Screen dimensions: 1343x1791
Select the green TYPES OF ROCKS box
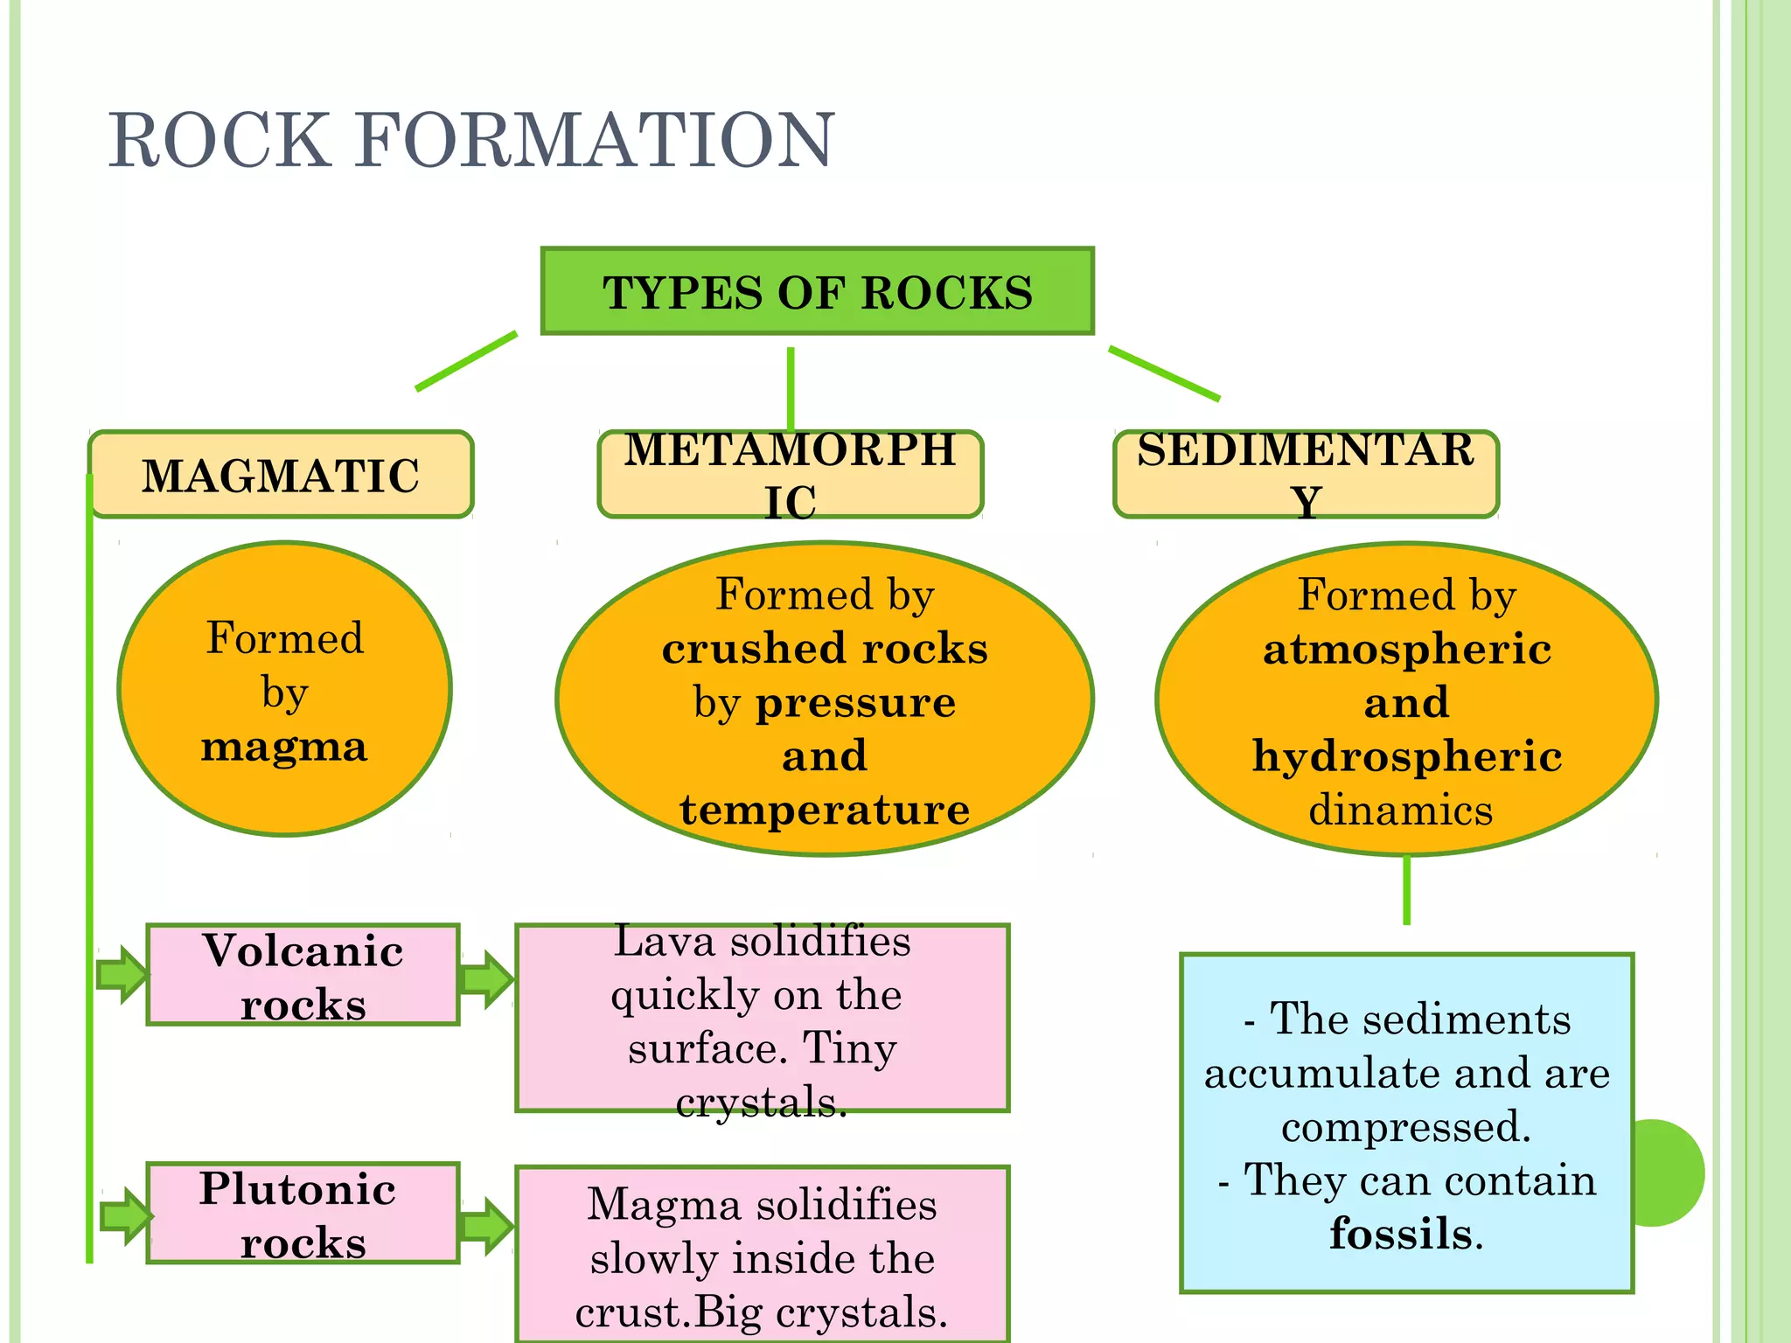pyautogui.click(x=817, y=291)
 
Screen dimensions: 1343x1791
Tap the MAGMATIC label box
pyautogui.click(x=281, y=475)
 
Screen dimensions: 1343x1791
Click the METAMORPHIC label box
pyautogui.click(x=791, y=475)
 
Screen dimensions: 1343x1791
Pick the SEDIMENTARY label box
pyautogui.click(x=1306, y=475)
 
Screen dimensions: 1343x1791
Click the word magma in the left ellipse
pyautogui.click(x=284, y=747)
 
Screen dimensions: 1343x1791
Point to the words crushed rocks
pyautogui.click(x=824, y=649)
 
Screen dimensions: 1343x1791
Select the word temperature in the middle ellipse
pyautogui.click(x=824, y=809)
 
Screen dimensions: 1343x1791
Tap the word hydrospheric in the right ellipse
pyautogui.click(x=1406, y=756)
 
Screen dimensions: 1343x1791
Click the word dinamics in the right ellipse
pyautogui.click(x=1400, y=810)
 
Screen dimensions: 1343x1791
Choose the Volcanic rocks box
pyautogui.click(x=303, y=975)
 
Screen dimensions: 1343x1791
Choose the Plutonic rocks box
pyautogui.click(x=303, y=1214)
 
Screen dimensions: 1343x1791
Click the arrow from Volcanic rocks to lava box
pyautogui.click(x=486, y=979)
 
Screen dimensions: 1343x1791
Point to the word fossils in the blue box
pyautogui.click(x=1401, y=1234)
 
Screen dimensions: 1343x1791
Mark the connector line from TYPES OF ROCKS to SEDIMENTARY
pyautogui.click(x=1163, y=373)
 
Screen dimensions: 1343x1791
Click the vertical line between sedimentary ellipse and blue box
pyautogui.click(x=1406, y=889)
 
